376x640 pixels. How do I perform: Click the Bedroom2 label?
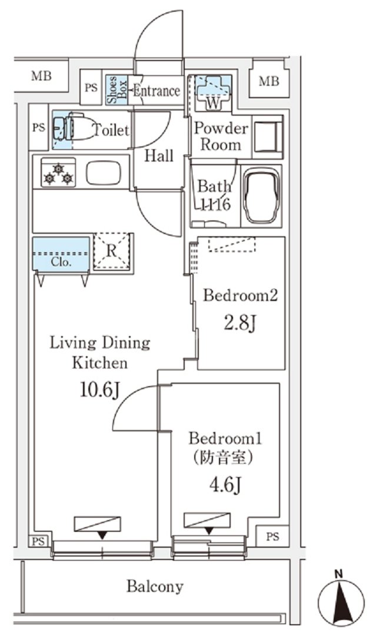(240, 295)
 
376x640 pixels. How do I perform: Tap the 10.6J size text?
(99, 391)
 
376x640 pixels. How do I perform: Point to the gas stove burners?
(58, 173)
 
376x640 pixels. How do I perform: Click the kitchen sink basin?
(104, 173)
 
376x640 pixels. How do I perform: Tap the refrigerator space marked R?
(112, 252)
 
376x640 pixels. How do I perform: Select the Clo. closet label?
(61, 262)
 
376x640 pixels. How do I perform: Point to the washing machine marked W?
(212, 93)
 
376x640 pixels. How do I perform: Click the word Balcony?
(155, 587)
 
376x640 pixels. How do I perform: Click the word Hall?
(159, 156)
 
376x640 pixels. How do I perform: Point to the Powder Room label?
(221, 136)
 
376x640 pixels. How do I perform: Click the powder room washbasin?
(268, 136)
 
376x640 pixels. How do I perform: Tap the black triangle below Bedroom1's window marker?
(209, 531)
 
